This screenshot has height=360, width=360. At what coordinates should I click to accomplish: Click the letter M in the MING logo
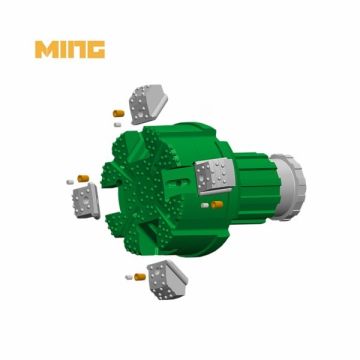click(x=46, y=49)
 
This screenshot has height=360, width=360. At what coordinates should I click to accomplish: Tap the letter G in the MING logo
click(x=93, y=49)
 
